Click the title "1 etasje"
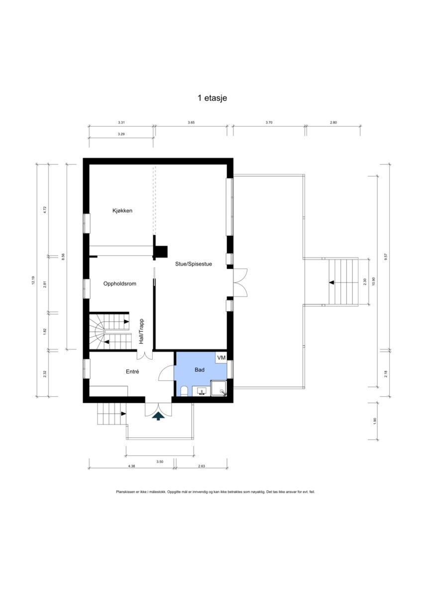click(212, 98)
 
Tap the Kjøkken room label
click(122, 211)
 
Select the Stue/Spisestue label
click(193, 264)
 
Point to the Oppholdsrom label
click(119, 284)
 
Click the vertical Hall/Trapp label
click(142, 331)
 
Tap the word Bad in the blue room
click(199, 371)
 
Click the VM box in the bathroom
click(221, 358)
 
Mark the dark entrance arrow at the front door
click(158, 416)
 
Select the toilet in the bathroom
click(185, 391)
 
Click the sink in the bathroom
click(202, 391)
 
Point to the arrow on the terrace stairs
click(331, 283)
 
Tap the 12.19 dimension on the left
click(33, 281)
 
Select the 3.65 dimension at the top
click(191, 123)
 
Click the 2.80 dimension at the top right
click(333, 123)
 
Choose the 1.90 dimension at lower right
click(375, 420)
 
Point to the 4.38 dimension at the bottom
click(131, 466)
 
